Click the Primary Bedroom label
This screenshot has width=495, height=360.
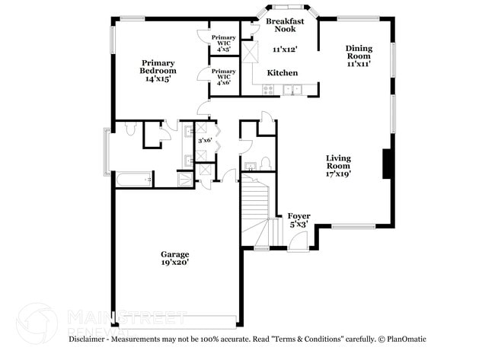pyautogui.click(x=158, y=67)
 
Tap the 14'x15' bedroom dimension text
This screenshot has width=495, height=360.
pyautogui.click(x=158, y=78)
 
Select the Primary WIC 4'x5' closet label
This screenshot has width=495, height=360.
pyautogui.click(x=224, y=43)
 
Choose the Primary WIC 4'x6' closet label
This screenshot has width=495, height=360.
pyautogui.click(x=224, y=78)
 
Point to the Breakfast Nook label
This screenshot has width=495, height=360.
pyautogui.click(x=285, y=25)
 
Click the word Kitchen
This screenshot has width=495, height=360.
pyautogui.click(x=282, y=73)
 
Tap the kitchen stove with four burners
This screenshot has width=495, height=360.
pyautogui.click(x=268, y=90)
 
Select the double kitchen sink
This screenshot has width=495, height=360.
pyautogui.click(x=293, y=90)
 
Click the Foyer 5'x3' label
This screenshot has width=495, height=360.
pyautogui.click(x=298, y=221)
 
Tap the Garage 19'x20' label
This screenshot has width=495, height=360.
pyautogui.click(x=174, y=258)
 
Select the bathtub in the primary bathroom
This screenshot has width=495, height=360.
pyautogui.click(x=133, y=180)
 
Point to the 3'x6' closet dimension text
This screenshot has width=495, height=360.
pyautogui.click(x=205, y=141)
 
